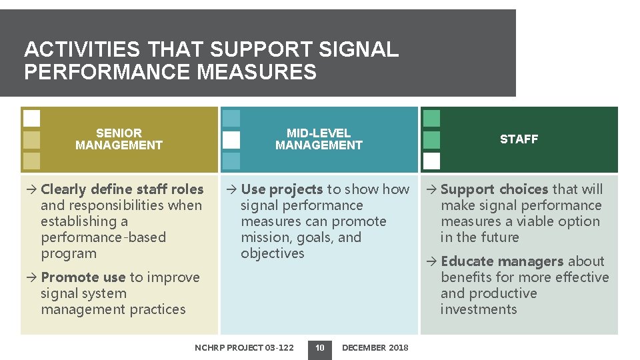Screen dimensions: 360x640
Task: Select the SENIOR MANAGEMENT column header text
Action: [x=119, y=139]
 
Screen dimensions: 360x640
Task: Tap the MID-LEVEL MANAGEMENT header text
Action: [x=319, y=139]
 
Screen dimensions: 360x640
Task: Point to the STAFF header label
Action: [x=519, y=139]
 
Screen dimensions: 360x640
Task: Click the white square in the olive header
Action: [x=31, y=119]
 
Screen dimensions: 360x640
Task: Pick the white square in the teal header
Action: [x=231, y=140]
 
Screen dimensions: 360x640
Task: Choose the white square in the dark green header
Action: [x=431, y=161]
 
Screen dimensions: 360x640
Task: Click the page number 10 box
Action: [x=320, y=347]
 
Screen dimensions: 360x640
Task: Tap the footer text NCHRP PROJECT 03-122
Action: [x=244, y=347]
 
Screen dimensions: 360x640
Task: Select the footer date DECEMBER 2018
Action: [x=375, y=347]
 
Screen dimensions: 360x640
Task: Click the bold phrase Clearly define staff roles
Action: [x=122, y=189]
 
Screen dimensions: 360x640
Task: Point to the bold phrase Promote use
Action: [x=83, y=277]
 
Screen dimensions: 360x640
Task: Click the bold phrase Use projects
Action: [x=281, y=189]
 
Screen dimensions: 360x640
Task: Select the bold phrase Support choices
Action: [x=494, y=189]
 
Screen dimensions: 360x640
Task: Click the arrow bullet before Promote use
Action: [x=31, y=277]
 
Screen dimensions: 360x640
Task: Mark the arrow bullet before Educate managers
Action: [x=431, y=261]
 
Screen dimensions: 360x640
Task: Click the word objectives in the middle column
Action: [x=272, y=253]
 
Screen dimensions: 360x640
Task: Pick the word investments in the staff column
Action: [x=479, y=309]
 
